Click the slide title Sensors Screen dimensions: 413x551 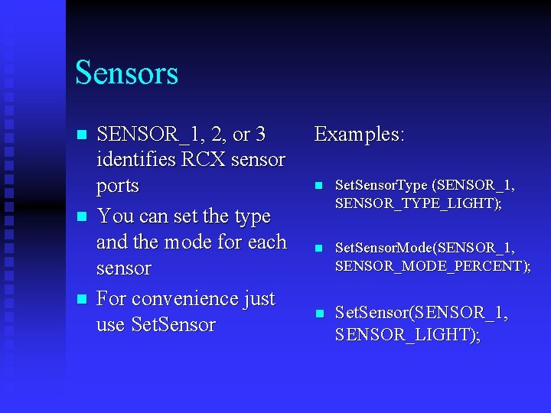coord(126,73)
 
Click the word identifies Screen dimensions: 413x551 coord(137,161)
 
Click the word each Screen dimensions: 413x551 coord(266,242)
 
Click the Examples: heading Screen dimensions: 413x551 coord(359,135)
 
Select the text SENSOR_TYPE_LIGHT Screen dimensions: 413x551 coord(416,203)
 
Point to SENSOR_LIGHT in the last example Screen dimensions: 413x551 coord(404,335)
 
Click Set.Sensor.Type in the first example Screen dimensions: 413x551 coord(382,186)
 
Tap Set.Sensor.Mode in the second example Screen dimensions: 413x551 coord(382,248)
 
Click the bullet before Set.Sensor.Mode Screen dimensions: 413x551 coord(319,249)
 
